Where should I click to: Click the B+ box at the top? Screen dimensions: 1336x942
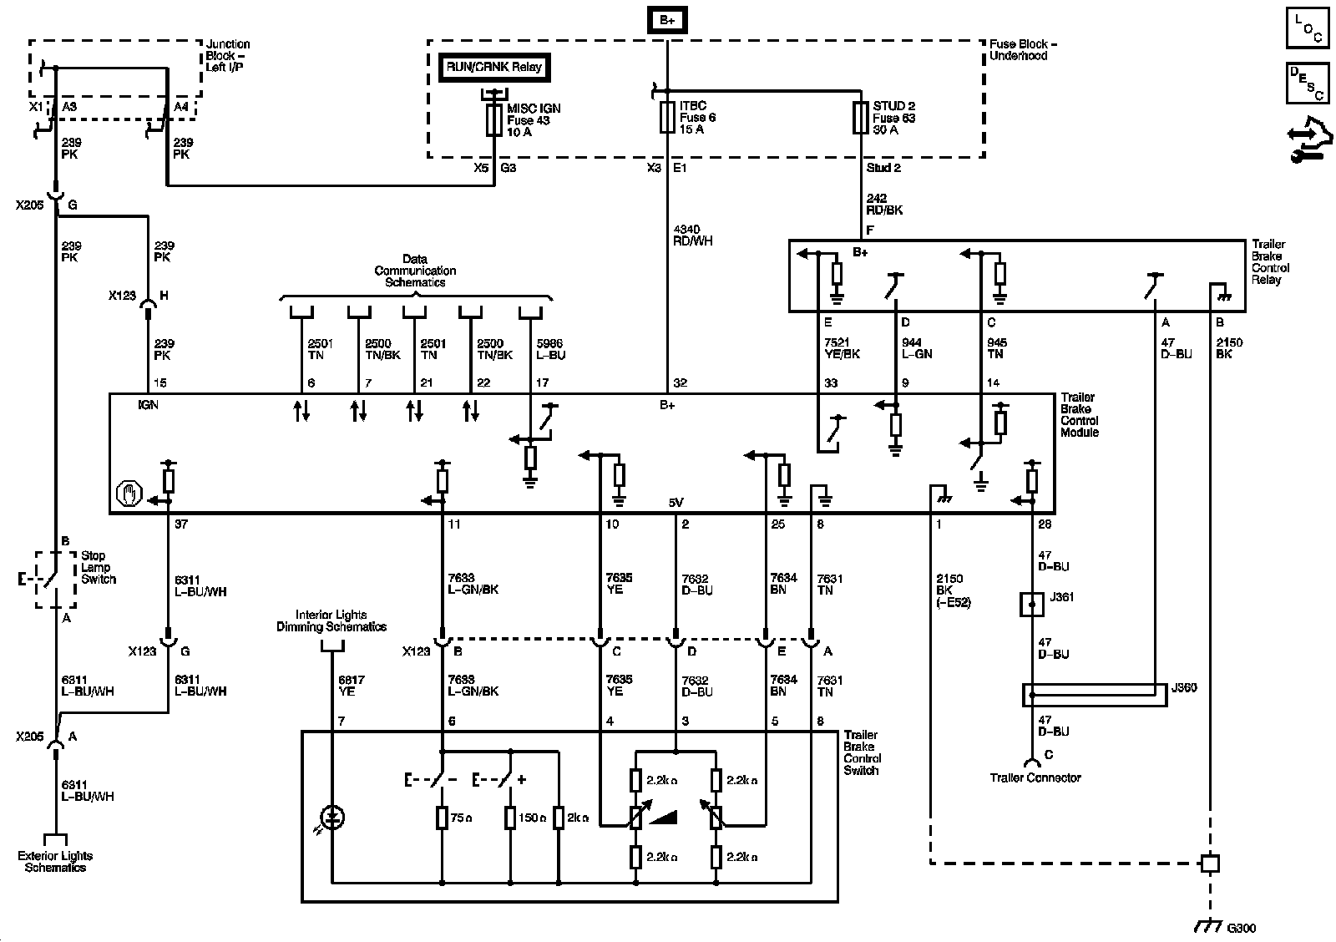(667, 20)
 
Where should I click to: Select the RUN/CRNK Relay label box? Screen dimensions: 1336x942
(493, 68)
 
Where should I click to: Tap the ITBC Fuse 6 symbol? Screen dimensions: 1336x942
(667, 117)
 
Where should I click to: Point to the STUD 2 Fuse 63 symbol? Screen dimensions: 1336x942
(860, 118)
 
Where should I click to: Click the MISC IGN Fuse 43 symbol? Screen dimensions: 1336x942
(493, 119)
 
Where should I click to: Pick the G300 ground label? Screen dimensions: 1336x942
(1241, 928)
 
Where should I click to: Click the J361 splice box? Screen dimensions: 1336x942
(1032, 604)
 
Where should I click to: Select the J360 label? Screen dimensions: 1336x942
(1184, 687)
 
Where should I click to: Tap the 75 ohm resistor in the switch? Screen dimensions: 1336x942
(442, 818)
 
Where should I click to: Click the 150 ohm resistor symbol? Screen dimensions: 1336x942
(510, 818)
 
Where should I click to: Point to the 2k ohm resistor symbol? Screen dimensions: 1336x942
(559, 818)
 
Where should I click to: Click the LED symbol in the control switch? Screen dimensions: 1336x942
(332, 818)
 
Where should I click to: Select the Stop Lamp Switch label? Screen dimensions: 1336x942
(99, 567)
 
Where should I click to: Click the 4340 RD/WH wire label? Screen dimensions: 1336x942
(692, 235)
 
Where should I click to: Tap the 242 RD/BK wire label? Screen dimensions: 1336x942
(884, 204)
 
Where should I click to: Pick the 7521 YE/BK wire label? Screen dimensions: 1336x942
(842, 347)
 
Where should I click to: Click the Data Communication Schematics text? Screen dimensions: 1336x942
(415, 271)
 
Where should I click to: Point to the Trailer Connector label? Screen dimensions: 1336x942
(1035, 777)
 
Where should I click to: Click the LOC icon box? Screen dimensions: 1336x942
(1308, 28)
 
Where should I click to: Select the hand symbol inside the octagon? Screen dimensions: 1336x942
(129, 494)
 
